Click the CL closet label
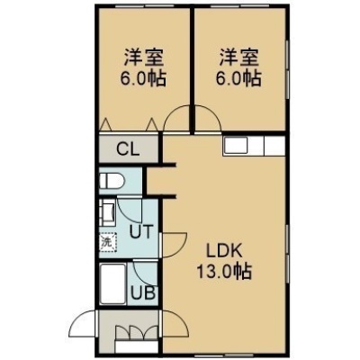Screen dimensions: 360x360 [x=128, y=148]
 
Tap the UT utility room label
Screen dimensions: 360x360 [x=141, y=231]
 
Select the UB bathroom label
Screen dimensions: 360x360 [x=144, y=292]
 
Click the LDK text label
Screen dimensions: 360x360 [x=224, y=251]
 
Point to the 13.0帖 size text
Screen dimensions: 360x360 [x=224, y=272]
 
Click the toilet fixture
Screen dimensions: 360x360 [x=112, y=181]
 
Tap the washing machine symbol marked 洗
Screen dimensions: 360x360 [x=108, y=242]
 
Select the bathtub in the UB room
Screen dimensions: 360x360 [x=112, y=284]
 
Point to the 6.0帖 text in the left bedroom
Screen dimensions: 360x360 [x=143, y=78]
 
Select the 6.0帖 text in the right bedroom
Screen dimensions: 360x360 [x=238, y=78]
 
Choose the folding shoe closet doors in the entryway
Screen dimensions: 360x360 [x=137, y=332]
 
